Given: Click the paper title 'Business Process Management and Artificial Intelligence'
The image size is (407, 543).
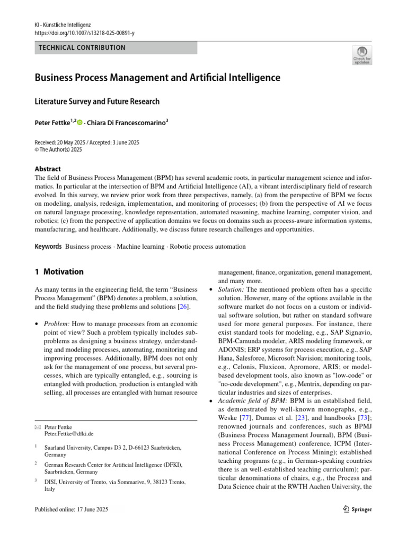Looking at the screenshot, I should pos(157,78).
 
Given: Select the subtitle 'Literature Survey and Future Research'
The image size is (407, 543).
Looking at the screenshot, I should pos(97,101).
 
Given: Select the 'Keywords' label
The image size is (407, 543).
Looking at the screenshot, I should pos(48,247).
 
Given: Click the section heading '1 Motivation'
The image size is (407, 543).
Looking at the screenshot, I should pos(59,272).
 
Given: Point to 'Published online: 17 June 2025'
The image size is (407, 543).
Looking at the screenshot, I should pos(71,509).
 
